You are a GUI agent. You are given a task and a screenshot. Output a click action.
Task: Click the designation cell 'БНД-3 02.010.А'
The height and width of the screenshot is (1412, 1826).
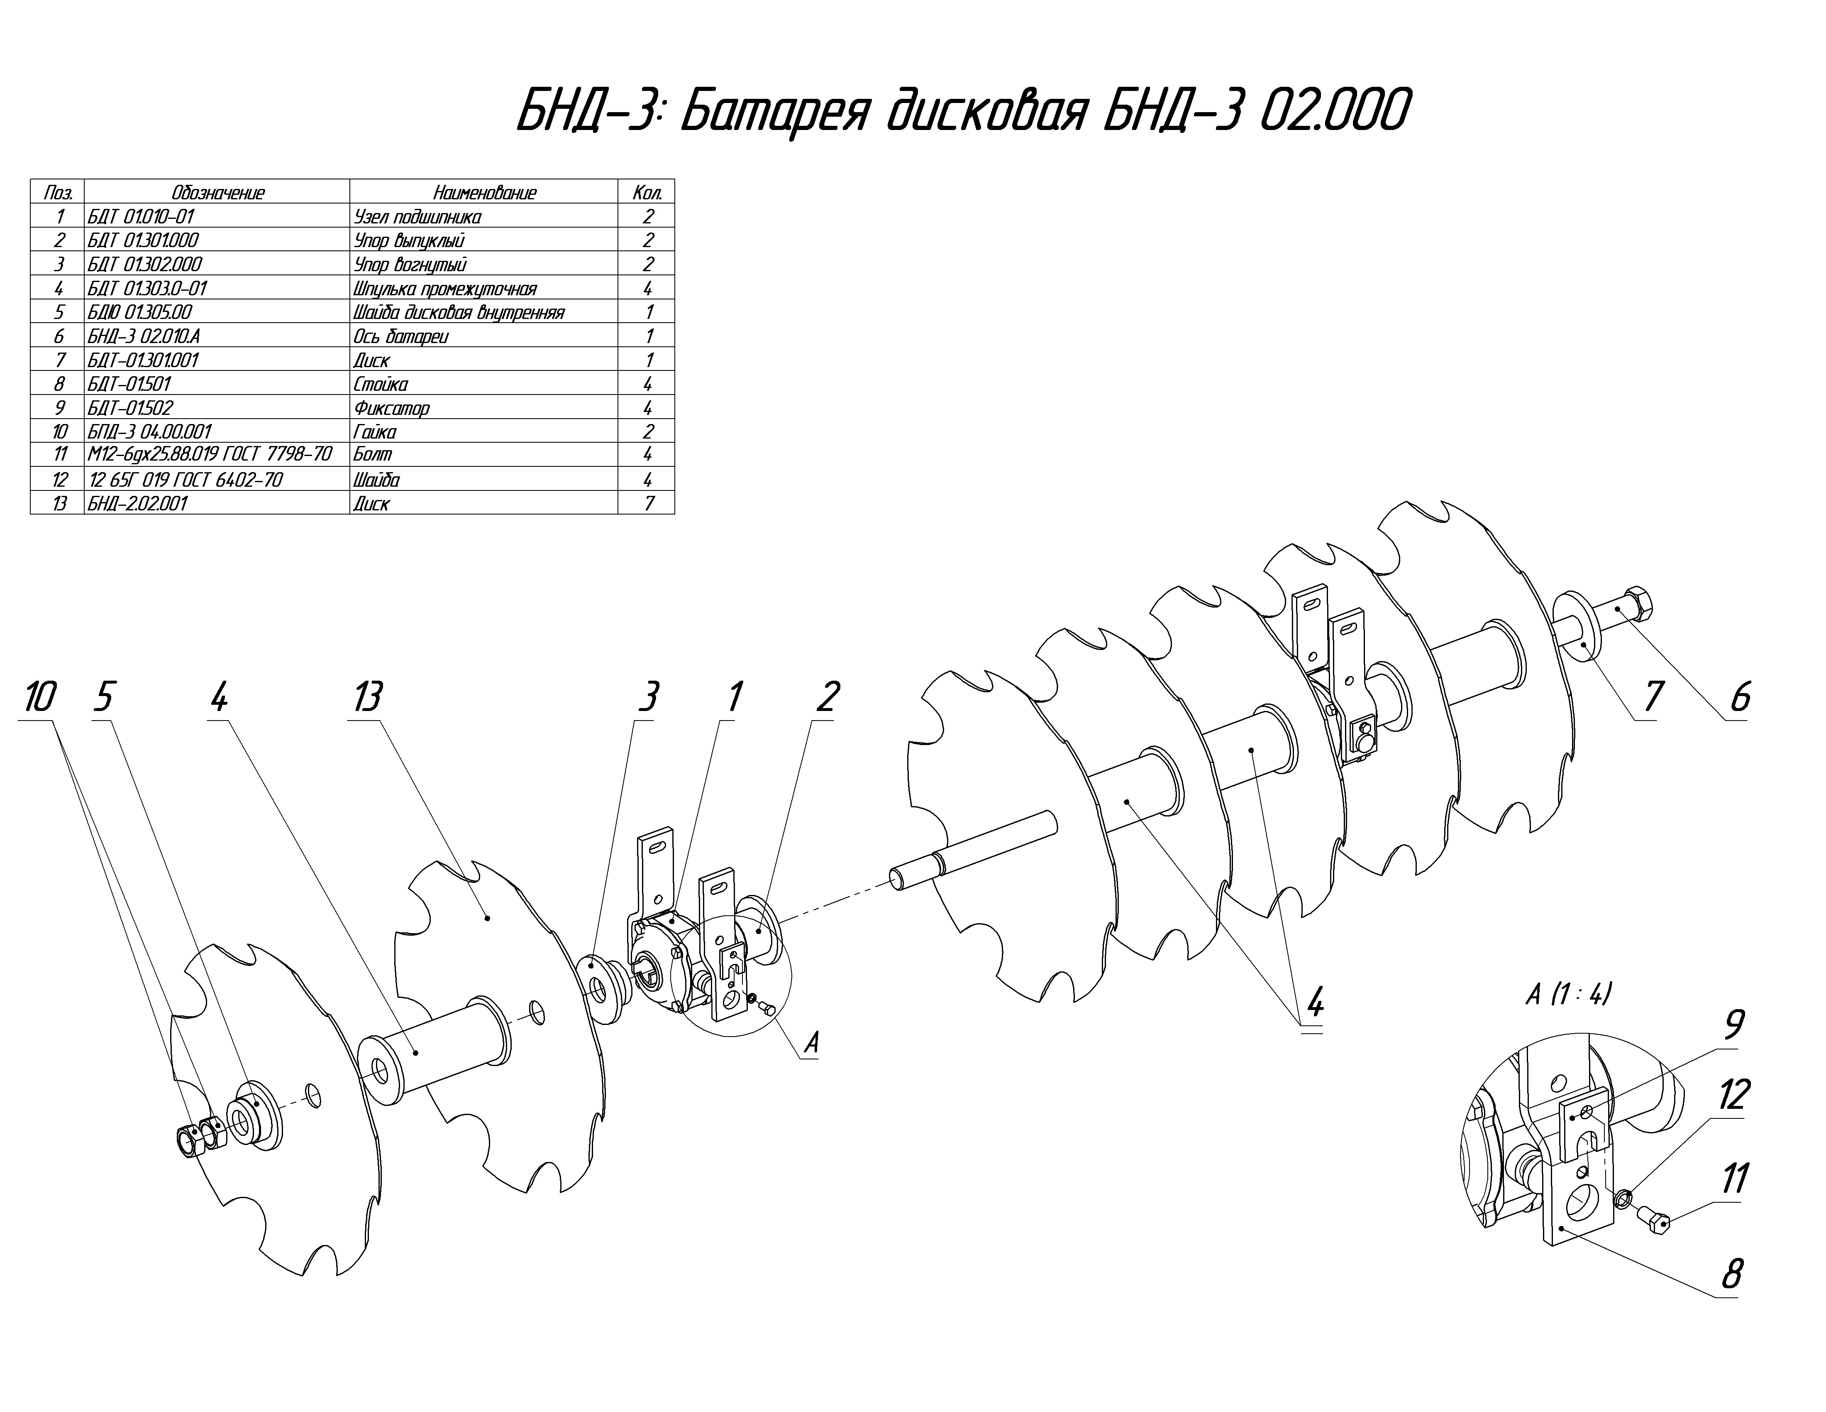click(x=144, y=336)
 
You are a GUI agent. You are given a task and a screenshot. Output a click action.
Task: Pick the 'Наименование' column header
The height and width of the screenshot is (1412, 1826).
click(x=485, y=192)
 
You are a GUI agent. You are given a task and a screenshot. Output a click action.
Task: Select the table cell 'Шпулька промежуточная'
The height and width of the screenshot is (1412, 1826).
click(x=445, y=289)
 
